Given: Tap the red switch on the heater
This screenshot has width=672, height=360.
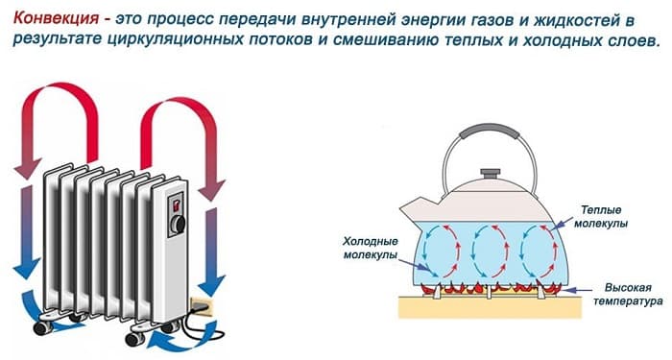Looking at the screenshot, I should tap(178, 202).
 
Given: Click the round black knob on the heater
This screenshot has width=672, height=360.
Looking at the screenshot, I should tap(178, 226).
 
